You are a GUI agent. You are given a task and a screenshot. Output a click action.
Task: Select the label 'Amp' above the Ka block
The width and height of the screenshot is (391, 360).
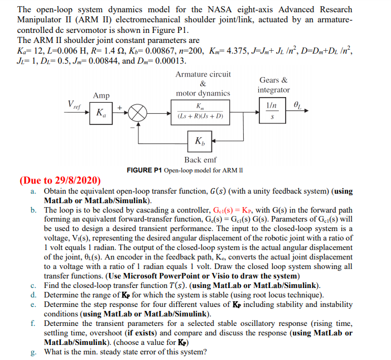pos(102,95)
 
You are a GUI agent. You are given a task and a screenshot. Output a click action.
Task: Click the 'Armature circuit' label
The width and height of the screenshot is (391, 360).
pos(203,74)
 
